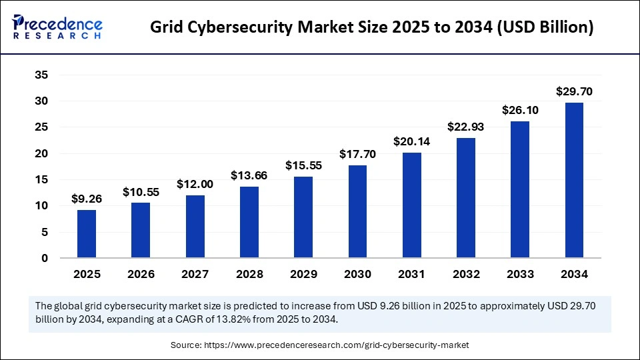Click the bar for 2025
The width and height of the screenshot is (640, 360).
pos(87,234)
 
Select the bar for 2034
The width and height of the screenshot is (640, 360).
pos(574,180)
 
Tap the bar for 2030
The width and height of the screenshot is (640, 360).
pos(357,211)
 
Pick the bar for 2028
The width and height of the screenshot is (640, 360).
pos(249,222)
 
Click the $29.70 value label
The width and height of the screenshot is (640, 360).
pos(574,91)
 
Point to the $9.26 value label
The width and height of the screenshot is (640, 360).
pos(87,199)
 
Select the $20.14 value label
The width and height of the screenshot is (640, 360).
pos(411,141)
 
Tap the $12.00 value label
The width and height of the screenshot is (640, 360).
pos(195,184)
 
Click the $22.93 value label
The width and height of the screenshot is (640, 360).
pos(466,127)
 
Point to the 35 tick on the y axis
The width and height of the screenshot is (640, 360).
pos(41,75)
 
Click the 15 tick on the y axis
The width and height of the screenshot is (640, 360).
pos(41,180)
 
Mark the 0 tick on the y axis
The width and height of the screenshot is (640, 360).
pos(45,259)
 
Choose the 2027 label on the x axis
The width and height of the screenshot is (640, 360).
pos(195,274)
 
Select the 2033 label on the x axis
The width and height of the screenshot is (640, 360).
pos(520,274)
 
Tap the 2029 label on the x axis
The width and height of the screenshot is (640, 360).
pos(303,274)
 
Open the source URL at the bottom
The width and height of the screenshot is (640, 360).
pos(320,345)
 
